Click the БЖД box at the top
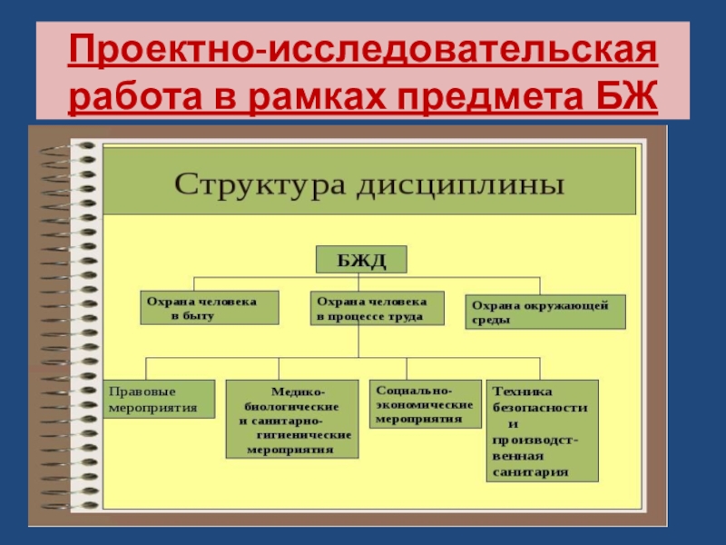[361, 262]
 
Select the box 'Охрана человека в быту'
[210, 309]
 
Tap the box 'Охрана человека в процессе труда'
[378, 309]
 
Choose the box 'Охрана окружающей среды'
[546, 312]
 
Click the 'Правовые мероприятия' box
[159, 399]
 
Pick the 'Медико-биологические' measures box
[291, 418]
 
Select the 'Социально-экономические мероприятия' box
[424, 404]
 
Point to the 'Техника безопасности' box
[542, 431]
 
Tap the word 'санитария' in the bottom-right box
[531, 471]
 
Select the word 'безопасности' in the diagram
[540, 408]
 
